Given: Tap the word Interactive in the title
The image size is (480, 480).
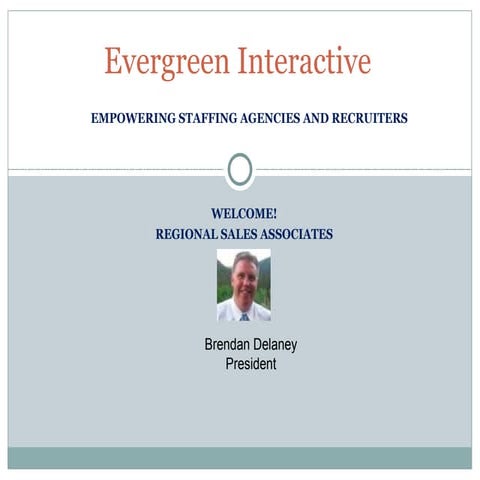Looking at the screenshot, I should point(304,62).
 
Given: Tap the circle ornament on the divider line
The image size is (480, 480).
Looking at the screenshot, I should point(239,170).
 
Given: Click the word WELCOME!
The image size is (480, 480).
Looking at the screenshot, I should point(244,214).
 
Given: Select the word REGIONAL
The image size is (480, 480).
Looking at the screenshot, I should point(188,234).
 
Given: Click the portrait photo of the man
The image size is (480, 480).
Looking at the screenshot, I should point(243,285).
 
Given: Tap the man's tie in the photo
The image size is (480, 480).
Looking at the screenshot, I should point(244,316).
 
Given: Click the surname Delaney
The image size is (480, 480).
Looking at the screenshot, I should point(276,345).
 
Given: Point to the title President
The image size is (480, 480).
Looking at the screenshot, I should point(250,364).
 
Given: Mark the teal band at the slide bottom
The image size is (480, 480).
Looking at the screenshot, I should point(240,458).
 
